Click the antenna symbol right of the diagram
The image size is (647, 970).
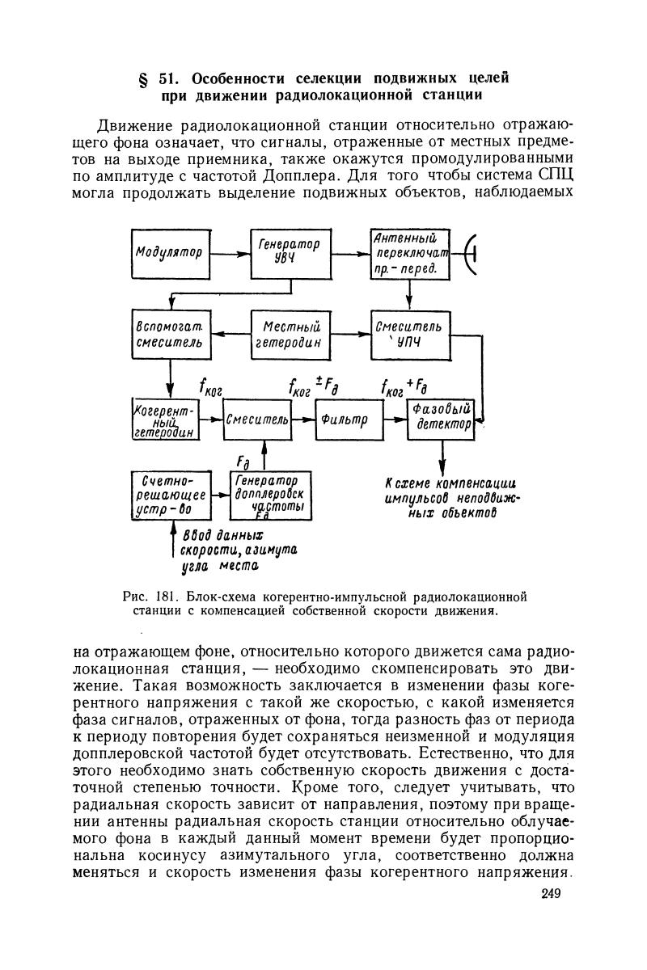(471, 253)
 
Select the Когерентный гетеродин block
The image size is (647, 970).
(165, 420)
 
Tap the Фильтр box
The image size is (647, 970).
(349, 420)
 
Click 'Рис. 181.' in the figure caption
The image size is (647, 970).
(153, 597)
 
